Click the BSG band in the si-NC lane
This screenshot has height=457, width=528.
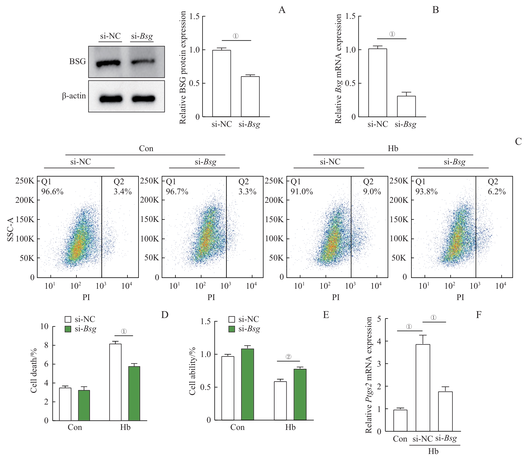pos(108,64)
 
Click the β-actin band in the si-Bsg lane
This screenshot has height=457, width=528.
pos(143,99)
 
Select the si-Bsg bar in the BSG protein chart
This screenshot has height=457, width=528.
pos(250,96)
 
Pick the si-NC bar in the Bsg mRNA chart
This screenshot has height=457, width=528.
pos(377,83)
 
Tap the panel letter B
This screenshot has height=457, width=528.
pos(435,10)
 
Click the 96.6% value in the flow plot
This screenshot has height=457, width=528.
pos(52,191)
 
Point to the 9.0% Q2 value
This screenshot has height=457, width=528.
pos(372,191)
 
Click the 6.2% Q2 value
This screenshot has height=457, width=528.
pos(497,191)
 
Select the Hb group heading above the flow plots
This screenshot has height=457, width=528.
pos(393,148)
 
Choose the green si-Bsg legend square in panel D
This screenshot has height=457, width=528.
pos(68,329)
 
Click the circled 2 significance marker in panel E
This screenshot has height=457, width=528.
pos(288,357)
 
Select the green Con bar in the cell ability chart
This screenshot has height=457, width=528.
pos(247,384)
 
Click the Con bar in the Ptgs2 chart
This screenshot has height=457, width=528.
pos(400,420)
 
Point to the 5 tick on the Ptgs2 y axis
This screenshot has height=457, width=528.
pos(379,319)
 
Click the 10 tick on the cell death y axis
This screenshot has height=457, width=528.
pos(44,326)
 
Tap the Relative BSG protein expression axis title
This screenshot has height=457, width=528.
pos(183,68)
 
